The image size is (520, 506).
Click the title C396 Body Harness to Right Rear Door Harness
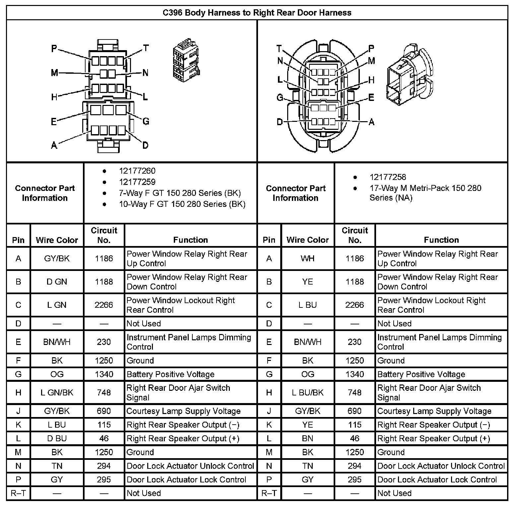pos(257,13)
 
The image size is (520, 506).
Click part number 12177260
pos(137,171)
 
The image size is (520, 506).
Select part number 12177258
pos(388,177)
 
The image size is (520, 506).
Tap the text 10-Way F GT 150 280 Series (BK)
pos(182,204)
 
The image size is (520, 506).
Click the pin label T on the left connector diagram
pos(146,48)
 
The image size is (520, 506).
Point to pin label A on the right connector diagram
pos(371,122)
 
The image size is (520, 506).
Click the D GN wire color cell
pos(57,282)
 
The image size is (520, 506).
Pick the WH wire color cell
pos(307,259)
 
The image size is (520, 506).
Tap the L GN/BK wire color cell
pos(57,393)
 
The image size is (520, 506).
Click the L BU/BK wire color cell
pos(307,393)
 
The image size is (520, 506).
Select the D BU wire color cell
pos(57,439)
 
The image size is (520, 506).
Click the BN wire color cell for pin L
pos(307,439)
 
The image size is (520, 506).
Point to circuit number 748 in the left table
pos(104,393)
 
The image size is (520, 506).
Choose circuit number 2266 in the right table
pos(355,305)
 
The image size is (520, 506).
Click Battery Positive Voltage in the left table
pos(170,375)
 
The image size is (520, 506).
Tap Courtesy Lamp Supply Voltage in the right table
pos(434,411)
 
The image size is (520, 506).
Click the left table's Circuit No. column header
pos(104,235)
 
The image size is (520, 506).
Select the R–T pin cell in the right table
pos(269,493)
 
